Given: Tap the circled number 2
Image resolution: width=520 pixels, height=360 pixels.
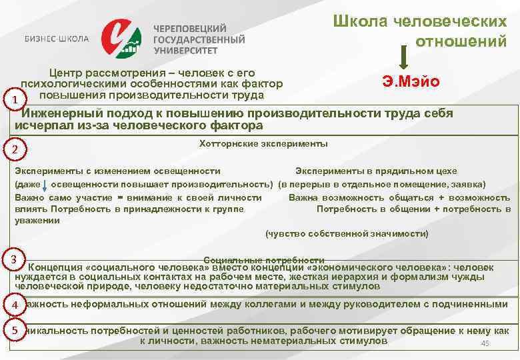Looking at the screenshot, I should [14, 148].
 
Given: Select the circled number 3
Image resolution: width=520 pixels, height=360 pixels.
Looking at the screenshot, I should [14, 259].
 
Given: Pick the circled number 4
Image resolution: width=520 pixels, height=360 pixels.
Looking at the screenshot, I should [14, 305].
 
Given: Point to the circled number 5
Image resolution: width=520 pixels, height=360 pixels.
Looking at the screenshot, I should [14, 330].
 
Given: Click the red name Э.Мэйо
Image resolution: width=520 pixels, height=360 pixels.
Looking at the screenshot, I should [411, 83].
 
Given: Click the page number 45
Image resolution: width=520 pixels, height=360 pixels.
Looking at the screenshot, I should [485, 343].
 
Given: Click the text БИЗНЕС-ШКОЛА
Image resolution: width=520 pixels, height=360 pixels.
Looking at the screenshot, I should [57, 38].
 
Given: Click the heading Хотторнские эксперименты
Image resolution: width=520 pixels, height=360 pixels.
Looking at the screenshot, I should [263, 143].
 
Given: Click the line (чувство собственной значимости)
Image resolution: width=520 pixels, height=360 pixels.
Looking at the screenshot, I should [347, 233].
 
